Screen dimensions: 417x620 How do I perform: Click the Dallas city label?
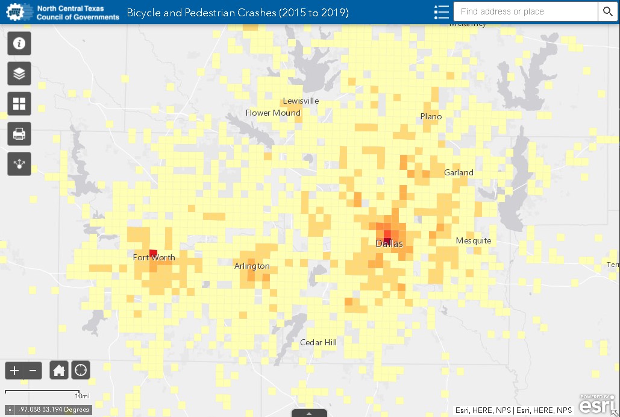tap(389, 244)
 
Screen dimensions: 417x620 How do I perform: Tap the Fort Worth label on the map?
tap(154, 258)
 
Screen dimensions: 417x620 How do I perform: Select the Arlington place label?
tap(252, 266)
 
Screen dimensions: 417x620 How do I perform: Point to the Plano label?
tap(431, 117)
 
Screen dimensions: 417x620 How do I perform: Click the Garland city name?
tap(459, 173)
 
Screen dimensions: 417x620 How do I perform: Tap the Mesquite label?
tap(474, 241)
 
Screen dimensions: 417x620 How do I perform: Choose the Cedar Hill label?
tap(318, 343)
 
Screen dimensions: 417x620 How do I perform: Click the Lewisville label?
tap(301, 101)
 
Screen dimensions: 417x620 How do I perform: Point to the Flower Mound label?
tap(273, 113)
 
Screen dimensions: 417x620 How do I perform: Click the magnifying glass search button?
tap(607, 11)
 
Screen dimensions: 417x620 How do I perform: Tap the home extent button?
tap(59, 370)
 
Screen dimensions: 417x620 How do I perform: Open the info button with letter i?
tap(19, 43)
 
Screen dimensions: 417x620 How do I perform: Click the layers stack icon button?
tap(19, 74)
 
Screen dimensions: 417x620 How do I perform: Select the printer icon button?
tap(19, 134)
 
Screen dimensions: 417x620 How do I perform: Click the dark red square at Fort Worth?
tap(153, 253)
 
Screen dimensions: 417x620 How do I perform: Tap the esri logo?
tap(598, 405)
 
